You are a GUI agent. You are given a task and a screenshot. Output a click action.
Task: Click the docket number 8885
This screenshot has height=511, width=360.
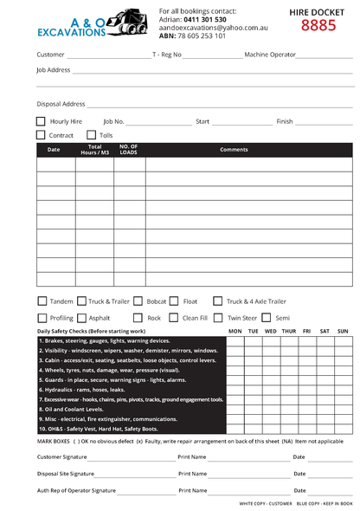318,25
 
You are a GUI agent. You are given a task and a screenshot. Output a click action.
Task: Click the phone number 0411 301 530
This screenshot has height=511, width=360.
205,19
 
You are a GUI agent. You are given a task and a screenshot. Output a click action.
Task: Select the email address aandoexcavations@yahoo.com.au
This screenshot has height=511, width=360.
213,28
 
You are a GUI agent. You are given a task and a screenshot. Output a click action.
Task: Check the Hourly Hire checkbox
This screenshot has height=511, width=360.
41,121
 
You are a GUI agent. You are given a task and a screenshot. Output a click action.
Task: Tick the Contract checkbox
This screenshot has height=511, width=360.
41,135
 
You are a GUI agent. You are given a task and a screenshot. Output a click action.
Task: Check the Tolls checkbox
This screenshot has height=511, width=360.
92,135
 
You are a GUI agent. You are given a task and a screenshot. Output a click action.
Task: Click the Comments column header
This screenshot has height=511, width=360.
234,150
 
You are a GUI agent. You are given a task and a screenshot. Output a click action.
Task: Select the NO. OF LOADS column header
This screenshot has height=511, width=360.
129,150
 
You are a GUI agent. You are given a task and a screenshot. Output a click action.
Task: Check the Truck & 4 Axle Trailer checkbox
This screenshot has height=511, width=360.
218,301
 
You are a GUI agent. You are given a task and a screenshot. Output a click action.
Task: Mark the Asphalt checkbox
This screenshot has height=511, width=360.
81,318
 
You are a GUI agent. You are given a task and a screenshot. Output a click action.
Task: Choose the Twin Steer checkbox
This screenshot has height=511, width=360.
218,318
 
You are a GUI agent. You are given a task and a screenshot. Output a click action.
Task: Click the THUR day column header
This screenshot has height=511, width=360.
288,331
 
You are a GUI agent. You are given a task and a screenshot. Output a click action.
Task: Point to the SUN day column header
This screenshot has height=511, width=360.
342,331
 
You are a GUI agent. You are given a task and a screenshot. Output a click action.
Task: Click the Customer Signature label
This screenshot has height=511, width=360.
61,456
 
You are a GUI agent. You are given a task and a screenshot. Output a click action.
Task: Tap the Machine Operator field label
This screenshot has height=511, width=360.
269,55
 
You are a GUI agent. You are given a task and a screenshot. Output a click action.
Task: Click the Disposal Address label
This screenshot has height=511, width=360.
61,104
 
